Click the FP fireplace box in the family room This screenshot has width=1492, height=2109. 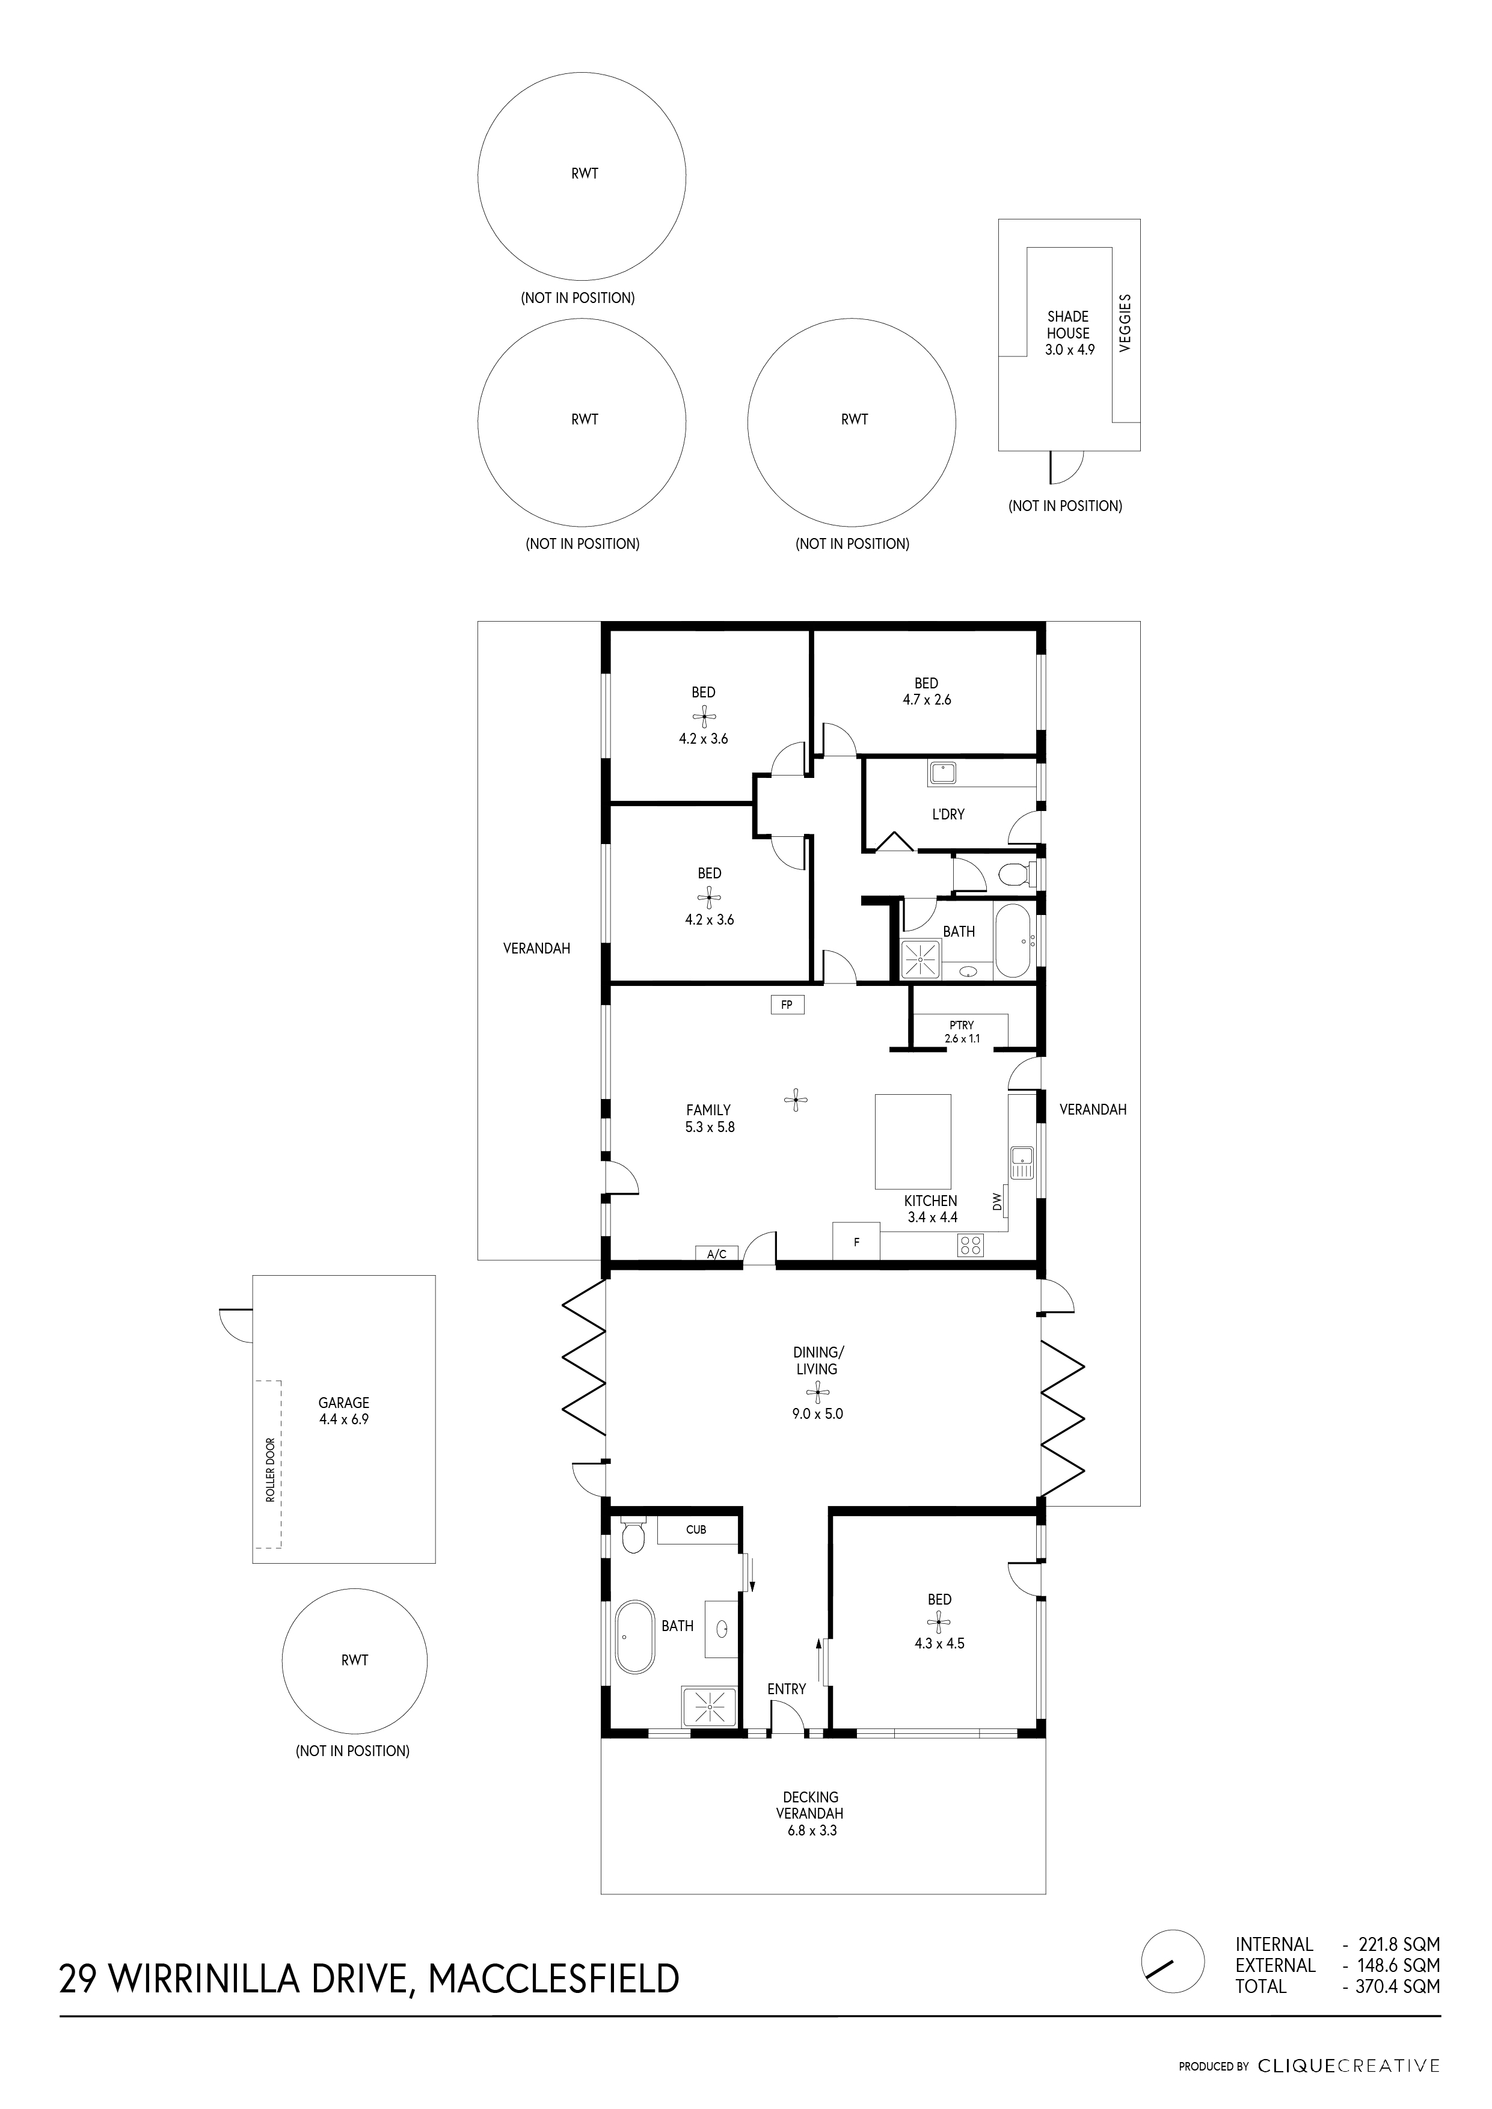[x=787, y=1005]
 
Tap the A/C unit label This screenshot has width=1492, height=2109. [x=717, y=1254]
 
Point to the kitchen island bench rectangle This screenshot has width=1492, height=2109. [x=912, y=1141]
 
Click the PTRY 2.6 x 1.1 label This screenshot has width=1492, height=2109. [x=962, y=1032]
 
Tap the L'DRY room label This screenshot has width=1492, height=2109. [x=948, y=814]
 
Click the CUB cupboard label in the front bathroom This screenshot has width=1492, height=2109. [x=696, y=1529]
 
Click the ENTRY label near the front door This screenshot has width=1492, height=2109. [x=787, y=1688]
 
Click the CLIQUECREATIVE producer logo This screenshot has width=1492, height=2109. [x=1348, y=2066]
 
